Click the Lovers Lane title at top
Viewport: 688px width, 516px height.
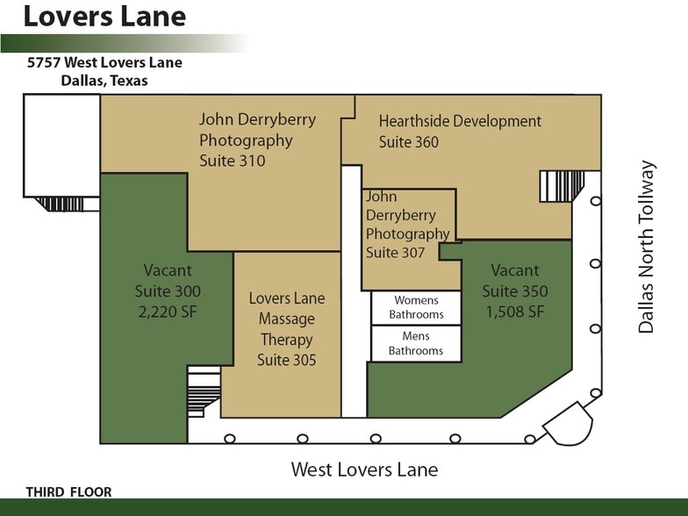(104, 17)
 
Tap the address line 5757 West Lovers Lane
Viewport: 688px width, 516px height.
(104, 63)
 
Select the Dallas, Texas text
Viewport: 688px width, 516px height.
(104, 81)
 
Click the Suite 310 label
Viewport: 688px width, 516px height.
(233, 161)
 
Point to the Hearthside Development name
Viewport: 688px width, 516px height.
(460, 121)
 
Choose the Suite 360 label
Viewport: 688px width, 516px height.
(409, 142)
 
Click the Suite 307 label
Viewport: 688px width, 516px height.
(395, 253)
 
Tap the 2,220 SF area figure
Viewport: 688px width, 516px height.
(168, 312)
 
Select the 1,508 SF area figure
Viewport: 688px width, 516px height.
(514, 312)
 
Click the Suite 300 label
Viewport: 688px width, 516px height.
(168, 291)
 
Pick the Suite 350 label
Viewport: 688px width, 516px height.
(514, 291)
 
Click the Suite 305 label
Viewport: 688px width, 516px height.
(286, 360)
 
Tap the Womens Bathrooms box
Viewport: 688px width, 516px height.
(416, 308)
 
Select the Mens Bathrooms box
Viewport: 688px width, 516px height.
(416, 343)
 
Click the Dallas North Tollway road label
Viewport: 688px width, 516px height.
(647, 247)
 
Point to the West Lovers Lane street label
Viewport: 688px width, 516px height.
(364, 469)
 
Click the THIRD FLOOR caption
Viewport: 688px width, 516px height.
(69, 492)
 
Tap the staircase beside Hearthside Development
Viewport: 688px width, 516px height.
(562, 186)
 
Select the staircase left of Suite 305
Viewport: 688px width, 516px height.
(204, 393)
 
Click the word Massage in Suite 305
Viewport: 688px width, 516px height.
(286, 319)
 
